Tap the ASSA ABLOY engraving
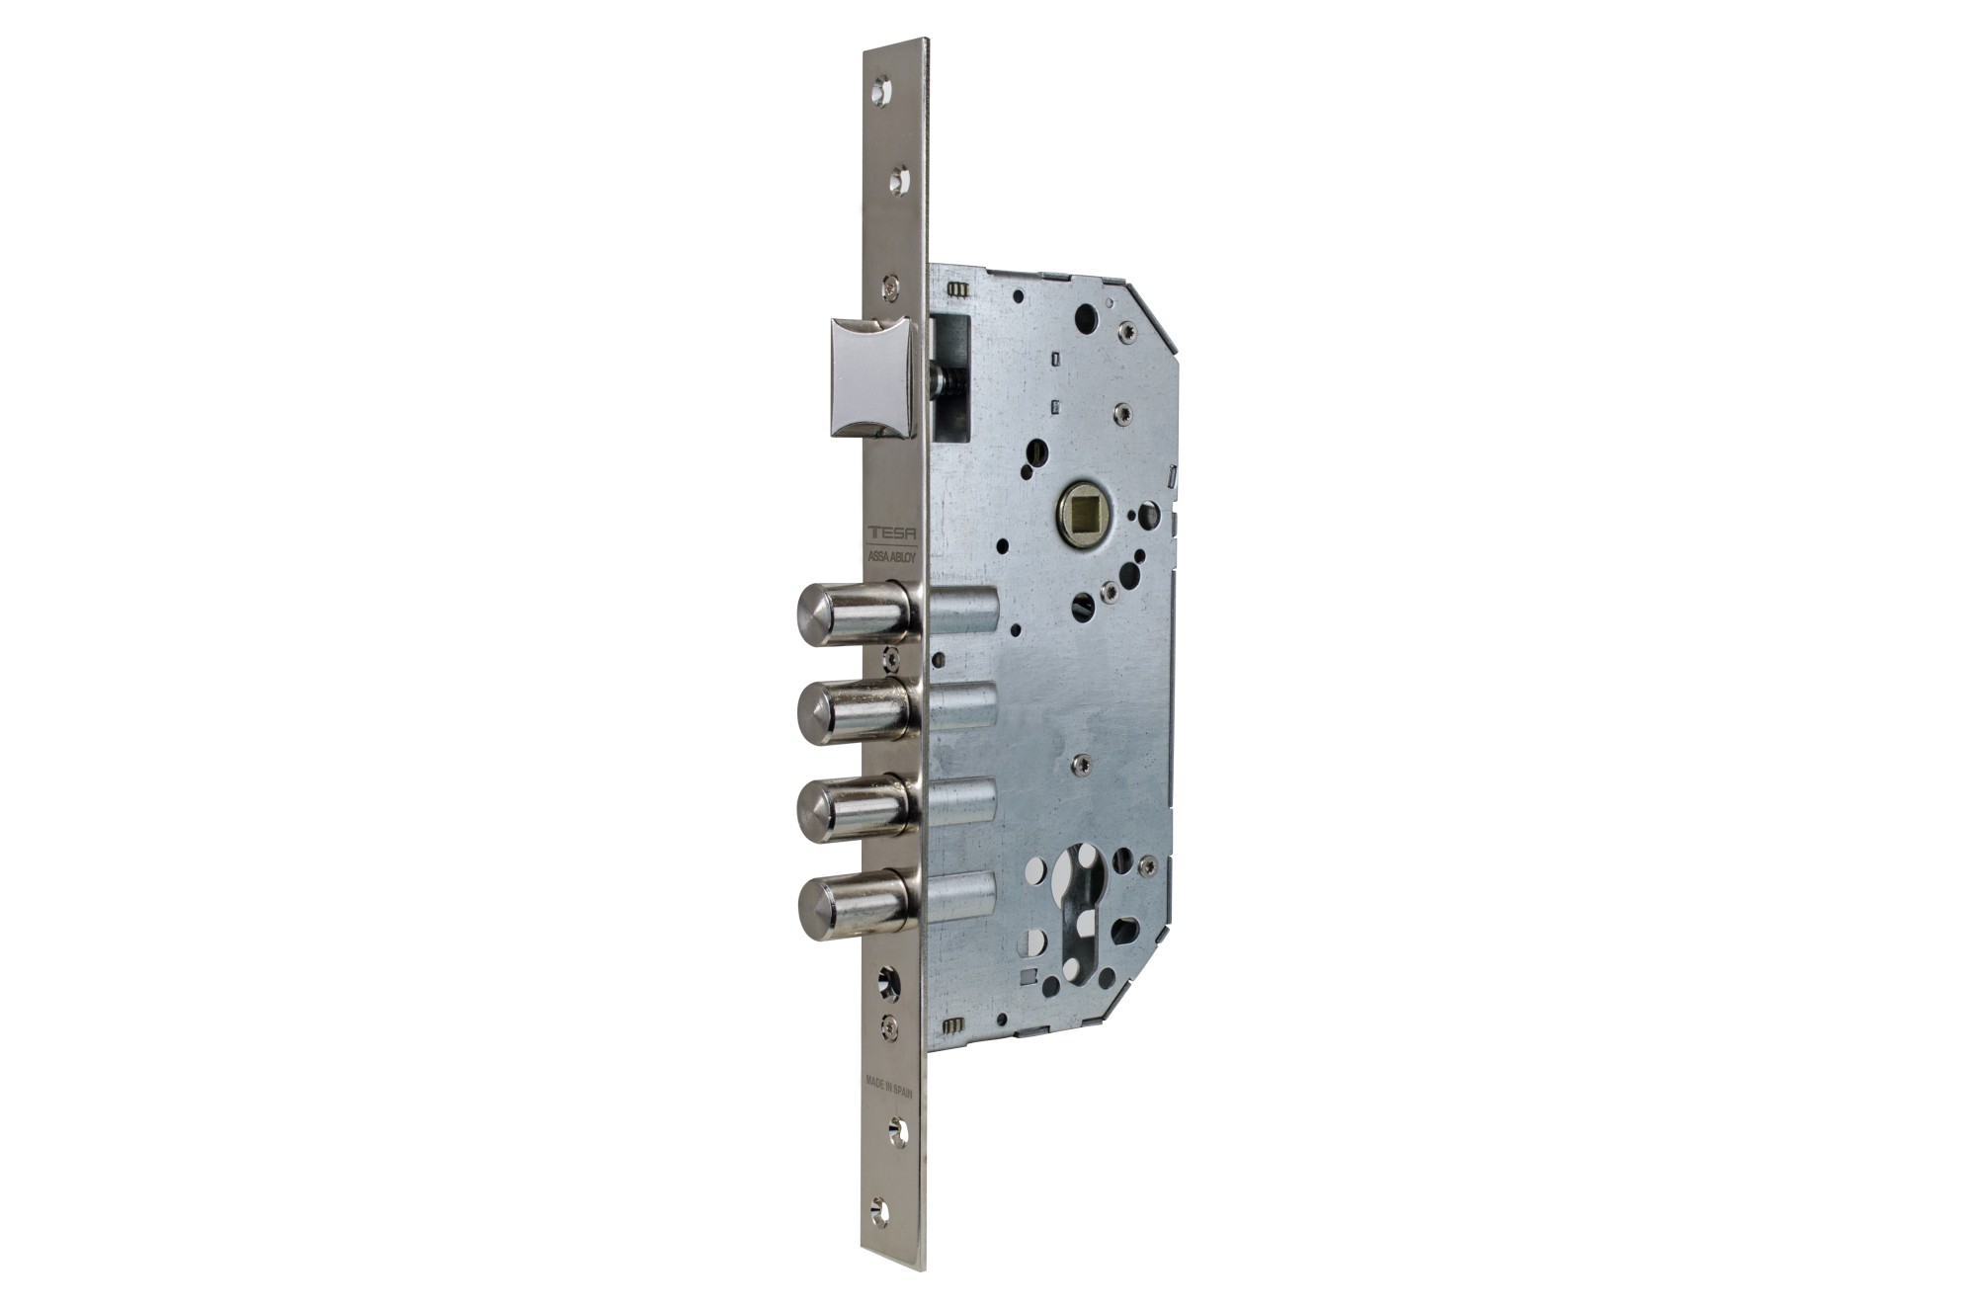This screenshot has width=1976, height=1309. click(x=892, y=556)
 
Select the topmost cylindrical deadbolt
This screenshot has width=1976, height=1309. click(x=856, y=614)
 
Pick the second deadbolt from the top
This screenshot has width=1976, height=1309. click(x=856, y=711)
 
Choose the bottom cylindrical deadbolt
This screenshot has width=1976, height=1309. click(x=856, y=904)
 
